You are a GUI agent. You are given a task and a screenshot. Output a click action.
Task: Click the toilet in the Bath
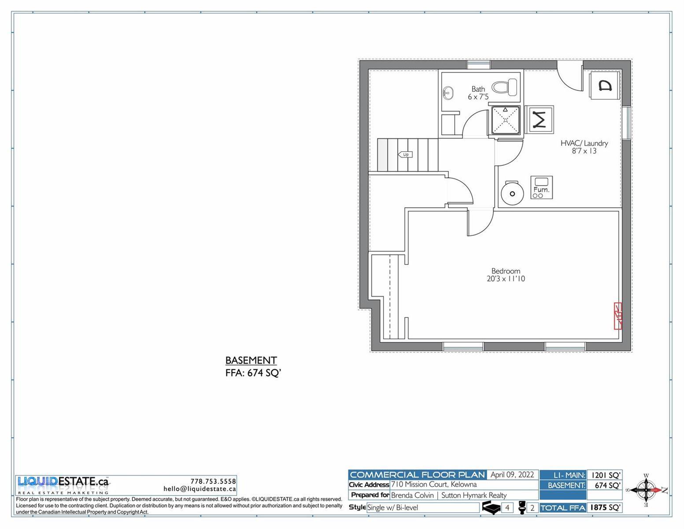(x=504, y=87)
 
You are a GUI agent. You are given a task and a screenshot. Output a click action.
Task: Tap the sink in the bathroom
(x=447, y=93)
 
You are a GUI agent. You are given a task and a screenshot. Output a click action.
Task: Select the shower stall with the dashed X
(x=506, y=120)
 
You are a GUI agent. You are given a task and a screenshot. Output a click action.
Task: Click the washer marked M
(x=540, y=119)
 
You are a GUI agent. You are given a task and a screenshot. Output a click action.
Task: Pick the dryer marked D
(x=605, y=86)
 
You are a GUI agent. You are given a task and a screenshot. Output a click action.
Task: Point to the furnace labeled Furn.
(x=541, y=187)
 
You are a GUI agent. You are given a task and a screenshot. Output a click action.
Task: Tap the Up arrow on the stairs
(x=405, y=154)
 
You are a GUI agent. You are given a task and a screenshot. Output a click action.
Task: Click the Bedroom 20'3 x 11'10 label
(x=506, y=275)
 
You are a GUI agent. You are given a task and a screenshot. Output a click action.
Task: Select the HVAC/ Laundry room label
(x=584, y=147)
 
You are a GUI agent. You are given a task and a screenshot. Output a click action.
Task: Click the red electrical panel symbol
(x=618, y=316)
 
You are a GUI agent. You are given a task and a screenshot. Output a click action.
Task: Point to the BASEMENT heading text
(x=251, y=361)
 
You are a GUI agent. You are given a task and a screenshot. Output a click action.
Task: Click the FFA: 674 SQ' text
(x=253, y=373)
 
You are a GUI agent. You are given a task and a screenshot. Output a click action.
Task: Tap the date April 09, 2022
(x=512, y=474)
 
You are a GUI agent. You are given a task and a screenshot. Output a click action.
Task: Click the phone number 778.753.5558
(x=213, y=481)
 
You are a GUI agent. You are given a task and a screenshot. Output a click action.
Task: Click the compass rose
(x=646, y=490)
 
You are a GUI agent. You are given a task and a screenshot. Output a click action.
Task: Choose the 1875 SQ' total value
(x=605, y=507)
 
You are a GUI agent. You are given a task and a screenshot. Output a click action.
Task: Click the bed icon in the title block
(x=491, y=508)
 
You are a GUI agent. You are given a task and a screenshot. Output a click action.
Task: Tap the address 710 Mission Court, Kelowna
(x=434, y=484)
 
